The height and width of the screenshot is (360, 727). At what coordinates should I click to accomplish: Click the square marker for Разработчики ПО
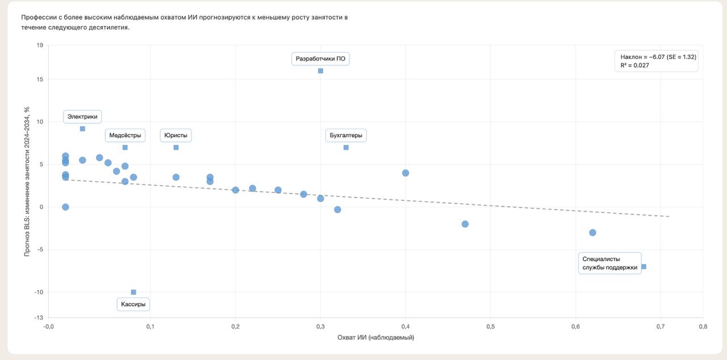[320, 71]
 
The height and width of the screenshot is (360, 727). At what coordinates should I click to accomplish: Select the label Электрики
[82, 117]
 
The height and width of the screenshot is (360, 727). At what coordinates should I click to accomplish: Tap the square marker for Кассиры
[133, 292]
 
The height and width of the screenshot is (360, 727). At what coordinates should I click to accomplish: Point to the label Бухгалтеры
[346, 136]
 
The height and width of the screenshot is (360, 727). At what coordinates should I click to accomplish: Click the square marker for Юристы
[176, 148]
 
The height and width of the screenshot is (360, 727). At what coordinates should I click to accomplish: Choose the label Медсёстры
[125, 136]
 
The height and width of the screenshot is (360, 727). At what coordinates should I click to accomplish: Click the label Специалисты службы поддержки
[609, 263]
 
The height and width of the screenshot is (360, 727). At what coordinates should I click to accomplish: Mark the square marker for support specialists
[644, 267]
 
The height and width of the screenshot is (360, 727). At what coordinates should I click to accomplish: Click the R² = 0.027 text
[635, 66]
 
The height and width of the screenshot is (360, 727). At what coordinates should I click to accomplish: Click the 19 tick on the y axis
[40, 45]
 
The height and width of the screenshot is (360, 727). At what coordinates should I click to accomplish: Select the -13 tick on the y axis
[39, 318]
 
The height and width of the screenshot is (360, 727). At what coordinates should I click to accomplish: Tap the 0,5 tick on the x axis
[490, 326]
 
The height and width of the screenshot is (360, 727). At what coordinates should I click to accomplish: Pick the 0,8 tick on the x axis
[703, 326]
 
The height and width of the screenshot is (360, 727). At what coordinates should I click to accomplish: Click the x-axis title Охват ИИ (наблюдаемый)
[375, 338]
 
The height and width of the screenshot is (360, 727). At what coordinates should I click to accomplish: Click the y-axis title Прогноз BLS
[27, 182]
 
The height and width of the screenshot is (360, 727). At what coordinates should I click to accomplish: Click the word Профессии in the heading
[39, 18]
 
